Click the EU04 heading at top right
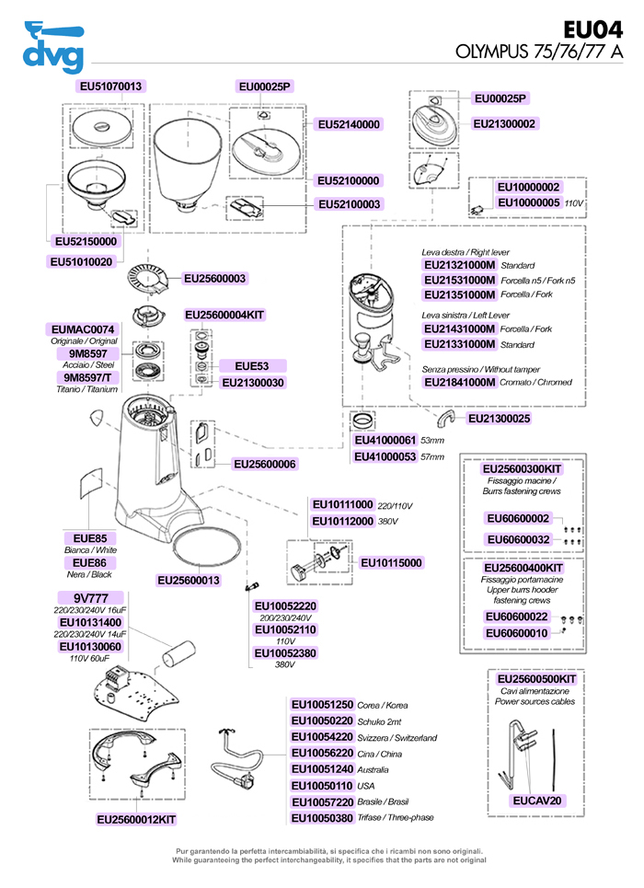[x=593, y=29]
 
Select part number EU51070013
[x=110, y=86]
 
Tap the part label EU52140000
[x=349, y=124]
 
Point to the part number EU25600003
[x=214, y=278]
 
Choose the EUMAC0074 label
[x=83, y=329]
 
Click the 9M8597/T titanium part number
[x=87, y=377]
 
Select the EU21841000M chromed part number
[x=459, y=382]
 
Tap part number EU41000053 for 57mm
[x=385, y=456]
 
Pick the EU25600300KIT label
[x=522, y=469]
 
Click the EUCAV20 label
[x=537, y=801]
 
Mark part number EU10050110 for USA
[x=322, y=786]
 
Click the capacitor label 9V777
[x=91, y=598]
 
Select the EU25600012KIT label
[x=136, y=820]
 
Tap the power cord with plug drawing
[x=238, y=760]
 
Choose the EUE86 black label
[x=89, y=563]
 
